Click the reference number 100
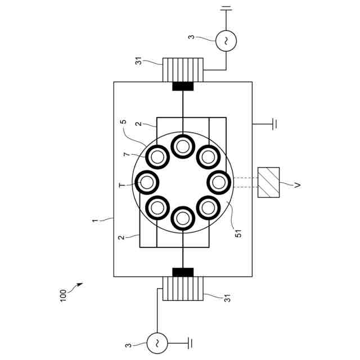point(63,296)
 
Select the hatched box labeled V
point(268,182)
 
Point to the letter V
point(298,184)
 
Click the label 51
point(238,233)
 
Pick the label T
point(123,185)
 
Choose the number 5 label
point(123,121)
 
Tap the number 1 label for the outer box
point(94,220)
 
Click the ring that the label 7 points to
point(146,157)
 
